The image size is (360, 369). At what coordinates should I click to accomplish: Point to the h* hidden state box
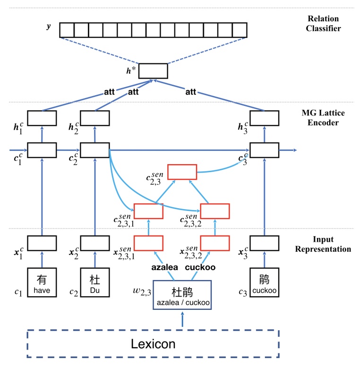pos(153,70)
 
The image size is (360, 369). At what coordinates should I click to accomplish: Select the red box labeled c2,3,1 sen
pos(148,211)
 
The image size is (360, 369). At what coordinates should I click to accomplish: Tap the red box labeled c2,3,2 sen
pos(215,211)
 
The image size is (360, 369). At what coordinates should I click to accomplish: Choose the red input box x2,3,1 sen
pos(148,243)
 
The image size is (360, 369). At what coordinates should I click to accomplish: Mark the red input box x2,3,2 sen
pos(215,243)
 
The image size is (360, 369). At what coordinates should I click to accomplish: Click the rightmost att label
pos(190,92)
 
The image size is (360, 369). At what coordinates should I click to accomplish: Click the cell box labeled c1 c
pos(42,150)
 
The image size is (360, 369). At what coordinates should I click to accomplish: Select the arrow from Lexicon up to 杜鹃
pos(182,320)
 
